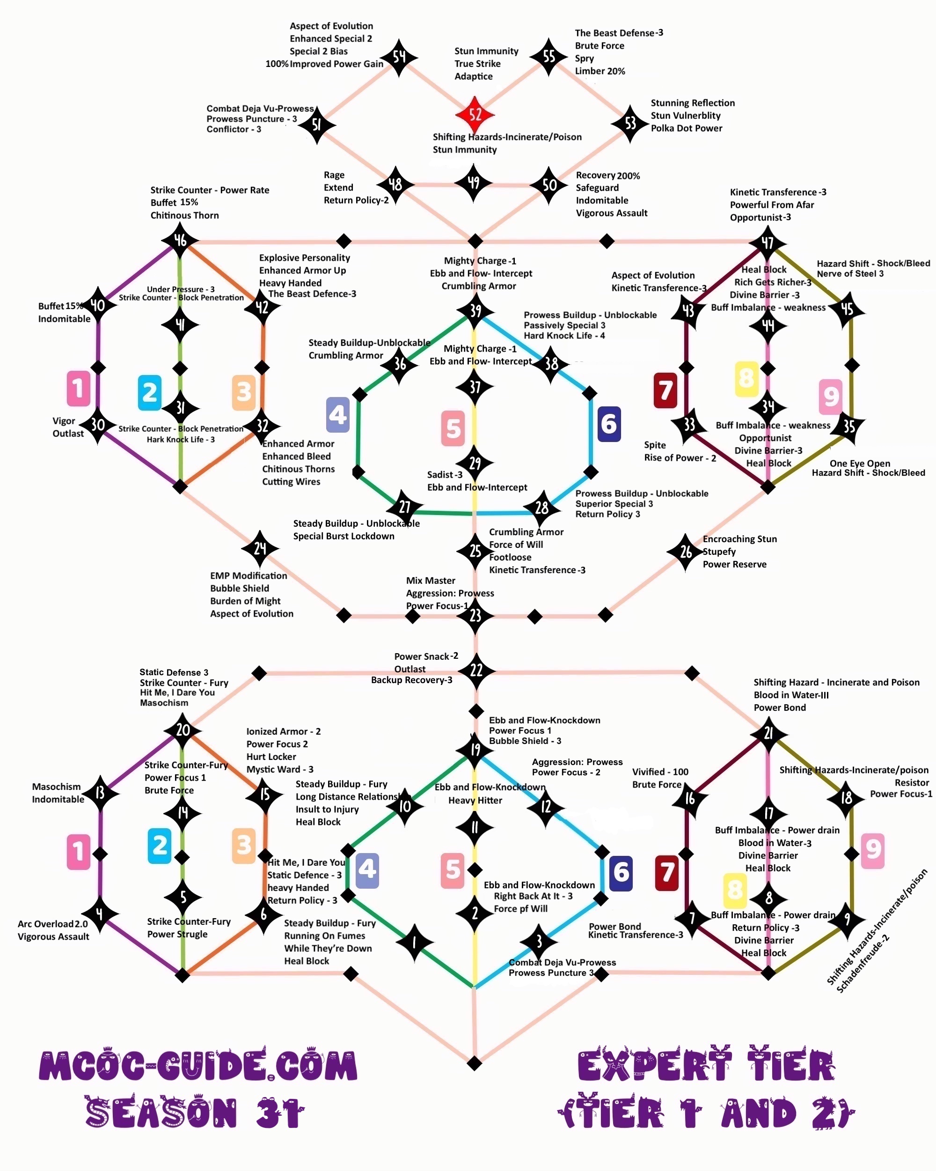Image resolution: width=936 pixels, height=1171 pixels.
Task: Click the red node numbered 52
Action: pyautogui.click(x=475, y=115)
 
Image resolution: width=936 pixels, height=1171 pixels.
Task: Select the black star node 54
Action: pyautogui.click(x=399, y=57)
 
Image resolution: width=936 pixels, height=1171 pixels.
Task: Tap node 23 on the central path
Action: pyautogui.click(x=475, y=615)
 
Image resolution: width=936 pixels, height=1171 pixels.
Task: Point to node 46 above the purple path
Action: pyautogui.click(x=180, y=240)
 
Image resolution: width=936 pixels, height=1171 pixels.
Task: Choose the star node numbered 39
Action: pyautogui.click(x=475, y=311)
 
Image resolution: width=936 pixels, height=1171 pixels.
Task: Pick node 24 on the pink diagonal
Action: pyautogui.click(x=260, y=549)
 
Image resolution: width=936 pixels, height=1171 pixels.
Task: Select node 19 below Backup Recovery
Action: pyautogui.click(x=475, y=750)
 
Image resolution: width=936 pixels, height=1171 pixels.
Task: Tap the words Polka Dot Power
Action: pyautogui.click(x=686, y=128)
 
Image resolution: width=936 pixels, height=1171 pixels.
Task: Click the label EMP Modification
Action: pyautogui.click(x=248, y=576)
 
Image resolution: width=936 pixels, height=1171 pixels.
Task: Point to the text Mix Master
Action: pyautogui.click(x=431, y=581)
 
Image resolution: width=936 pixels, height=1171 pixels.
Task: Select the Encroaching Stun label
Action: pyautogui.click(x=739, y=539)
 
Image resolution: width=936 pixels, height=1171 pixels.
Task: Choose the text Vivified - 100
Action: pyautogui.click(x=660, y=772)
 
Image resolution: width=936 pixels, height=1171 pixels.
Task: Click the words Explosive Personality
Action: pyautogui.click(x=304, y=258)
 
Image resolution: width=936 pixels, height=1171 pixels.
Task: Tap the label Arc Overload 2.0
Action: pyautogui.click(x=53, y=924)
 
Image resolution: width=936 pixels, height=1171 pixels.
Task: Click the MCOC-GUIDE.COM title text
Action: pyautogui.click(x=198, y=1066)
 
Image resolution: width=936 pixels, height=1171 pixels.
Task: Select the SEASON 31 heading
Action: pyautogui.click(x=194, y=1112)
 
